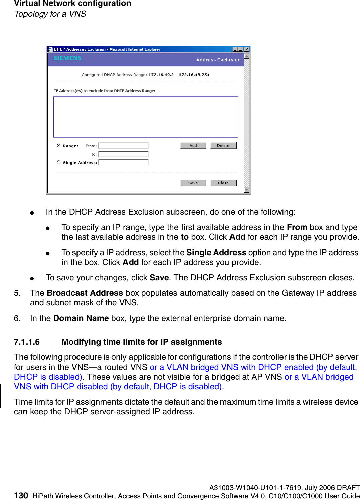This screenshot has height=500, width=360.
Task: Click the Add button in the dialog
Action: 193,146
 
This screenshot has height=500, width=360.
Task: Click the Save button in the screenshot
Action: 193,183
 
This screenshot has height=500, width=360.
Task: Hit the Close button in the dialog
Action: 223,183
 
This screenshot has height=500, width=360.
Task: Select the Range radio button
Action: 59,146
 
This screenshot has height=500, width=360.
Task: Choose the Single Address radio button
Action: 59,162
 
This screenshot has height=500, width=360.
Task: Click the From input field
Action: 123,146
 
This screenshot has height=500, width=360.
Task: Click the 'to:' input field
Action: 123,154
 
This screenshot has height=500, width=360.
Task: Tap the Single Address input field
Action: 123,162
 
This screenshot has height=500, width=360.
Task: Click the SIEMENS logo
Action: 67,58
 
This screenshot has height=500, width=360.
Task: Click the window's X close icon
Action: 246,49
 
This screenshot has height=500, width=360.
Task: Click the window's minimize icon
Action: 235,49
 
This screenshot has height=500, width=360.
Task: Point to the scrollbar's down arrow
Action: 247,190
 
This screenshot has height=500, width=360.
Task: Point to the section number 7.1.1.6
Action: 27,342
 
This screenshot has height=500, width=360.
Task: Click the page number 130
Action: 21,496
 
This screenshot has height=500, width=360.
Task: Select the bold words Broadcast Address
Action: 85,293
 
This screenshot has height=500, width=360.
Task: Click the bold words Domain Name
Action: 81,318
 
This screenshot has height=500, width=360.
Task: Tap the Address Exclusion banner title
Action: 218,60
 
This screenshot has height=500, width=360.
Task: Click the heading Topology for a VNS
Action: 50,14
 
